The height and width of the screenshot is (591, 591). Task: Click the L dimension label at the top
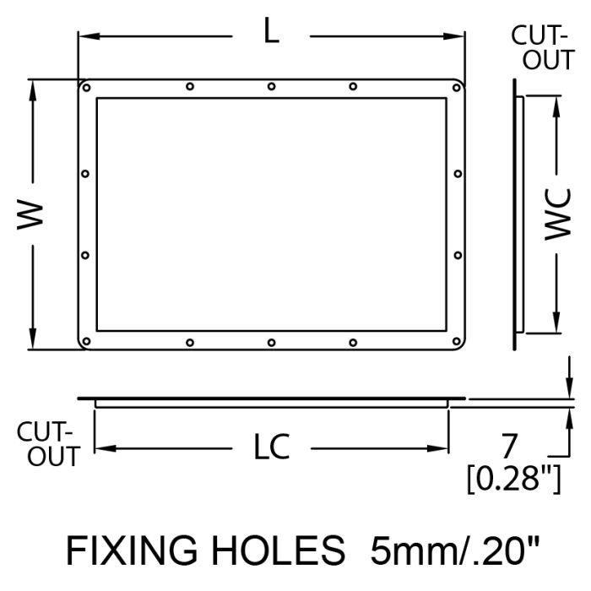pos(271,31)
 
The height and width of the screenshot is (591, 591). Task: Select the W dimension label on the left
pos(30,214)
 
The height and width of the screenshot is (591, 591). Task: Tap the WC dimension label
pos(558,214)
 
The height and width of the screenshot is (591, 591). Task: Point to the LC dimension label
pos(271,447)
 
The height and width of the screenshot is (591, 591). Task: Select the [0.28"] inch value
pos(514,480)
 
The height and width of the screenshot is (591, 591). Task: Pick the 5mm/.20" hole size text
pos(455,550)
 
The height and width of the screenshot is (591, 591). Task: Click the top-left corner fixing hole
pos(86,88)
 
